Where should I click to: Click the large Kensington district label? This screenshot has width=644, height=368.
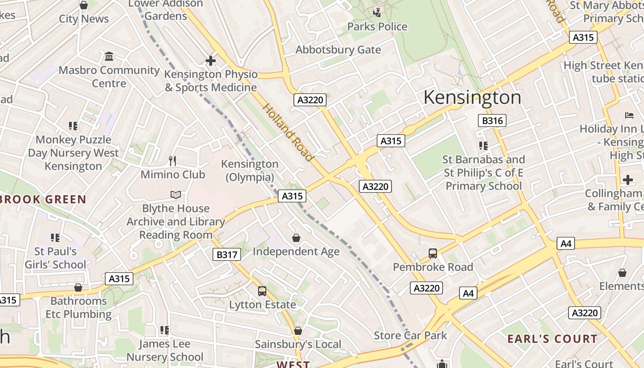click(x=472, y=98)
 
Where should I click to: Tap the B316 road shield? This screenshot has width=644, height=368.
click(x=492, y=121)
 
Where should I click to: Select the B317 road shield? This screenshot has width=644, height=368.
click(x=227, y=254)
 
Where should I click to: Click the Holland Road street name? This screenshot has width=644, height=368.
click(x=288, y=132)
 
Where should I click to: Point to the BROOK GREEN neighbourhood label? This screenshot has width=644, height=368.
click(x=43, y=199)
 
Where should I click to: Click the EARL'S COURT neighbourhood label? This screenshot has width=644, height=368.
click(x=552, y=339)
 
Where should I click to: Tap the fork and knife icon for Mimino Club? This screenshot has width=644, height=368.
click(x=172, y=161)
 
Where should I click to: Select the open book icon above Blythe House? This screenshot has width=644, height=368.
click(x=176, y=195)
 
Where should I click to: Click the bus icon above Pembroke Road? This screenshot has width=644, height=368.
click(x=433, y=253)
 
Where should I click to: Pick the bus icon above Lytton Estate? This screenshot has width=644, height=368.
click(x=262, y=291)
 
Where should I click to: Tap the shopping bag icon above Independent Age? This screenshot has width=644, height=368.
click(x=296, y=237)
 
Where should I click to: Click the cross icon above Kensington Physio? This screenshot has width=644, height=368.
click(x=211, y=60)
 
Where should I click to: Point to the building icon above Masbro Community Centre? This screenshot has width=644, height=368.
click(x=109, y=56)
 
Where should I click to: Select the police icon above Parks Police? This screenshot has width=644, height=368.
click(x=377, y=12)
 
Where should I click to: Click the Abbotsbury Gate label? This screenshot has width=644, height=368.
click(x=338, y=50)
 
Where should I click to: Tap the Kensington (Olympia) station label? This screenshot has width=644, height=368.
click(x=250, y=170)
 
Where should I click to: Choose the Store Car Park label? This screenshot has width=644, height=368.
click(x=410, y=335)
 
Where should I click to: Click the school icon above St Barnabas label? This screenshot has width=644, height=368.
click(x=483, y=146)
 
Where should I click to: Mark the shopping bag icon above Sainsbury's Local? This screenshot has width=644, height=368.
click(x=298, y=331)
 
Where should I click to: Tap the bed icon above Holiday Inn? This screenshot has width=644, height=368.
click(x=629, y=115)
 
